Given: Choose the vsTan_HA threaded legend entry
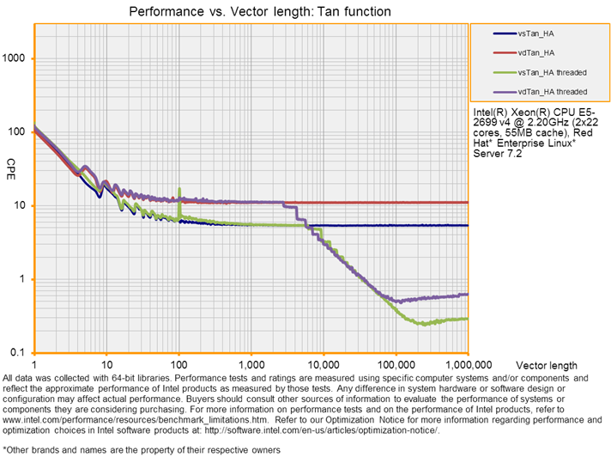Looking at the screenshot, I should [x=552, y=71].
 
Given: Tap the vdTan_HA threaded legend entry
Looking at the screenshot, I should [x=552, y=91].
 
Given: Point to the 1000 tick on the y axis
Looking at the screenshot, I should [x=17, y=58].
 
